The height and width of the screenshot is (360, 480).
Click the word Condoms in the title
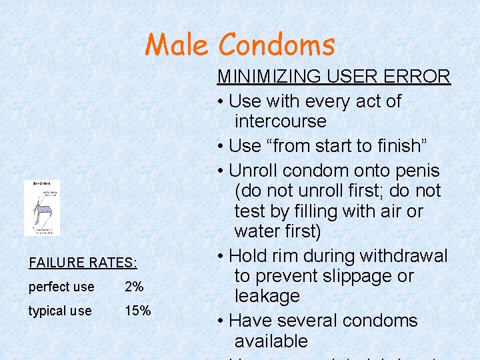[277, 45]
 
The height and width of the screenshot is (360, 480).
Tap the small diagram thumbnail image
[42, 208]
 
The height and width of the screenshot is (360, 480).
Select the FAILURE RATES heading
[83, 263]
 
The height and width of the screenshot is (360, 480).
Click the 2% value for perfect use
[134, 287]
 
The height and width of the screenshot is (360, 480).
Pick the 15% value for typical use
[138, 311]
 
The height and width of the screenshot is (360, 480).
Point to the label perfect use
[61, 287]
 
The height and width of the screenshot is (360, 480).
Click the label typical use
[60, 311]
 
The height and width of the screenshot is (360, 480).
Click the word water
[257, 231]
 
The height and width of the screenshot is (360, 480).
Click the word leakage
[267, 296]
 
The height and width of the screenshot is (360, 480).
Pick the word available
[271, 341]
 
